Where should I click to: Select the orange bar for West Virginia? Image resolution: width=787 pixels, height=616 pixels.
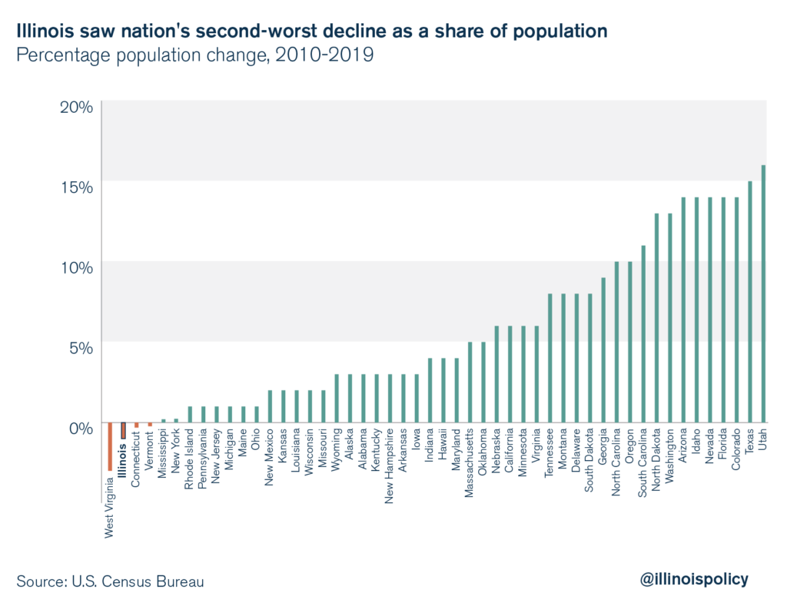click(110, 446)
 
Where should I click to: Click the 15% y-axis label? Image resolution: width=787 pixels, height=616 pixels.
click(77, 187)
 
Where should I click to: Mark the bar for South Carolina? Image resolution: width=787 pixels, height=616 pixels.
click(643, 334)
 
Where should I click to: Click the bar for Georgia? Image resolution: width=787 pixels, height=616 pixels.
click(603, 350)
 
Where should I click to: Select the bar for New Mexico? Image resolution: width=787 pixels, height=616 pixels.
click(270, 406)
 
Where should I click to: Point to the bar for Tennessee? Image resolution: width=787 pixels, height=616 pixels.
click(550, 358)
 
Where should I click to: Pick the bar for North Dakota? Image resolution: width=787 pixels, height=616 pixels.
click(656, 318)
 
